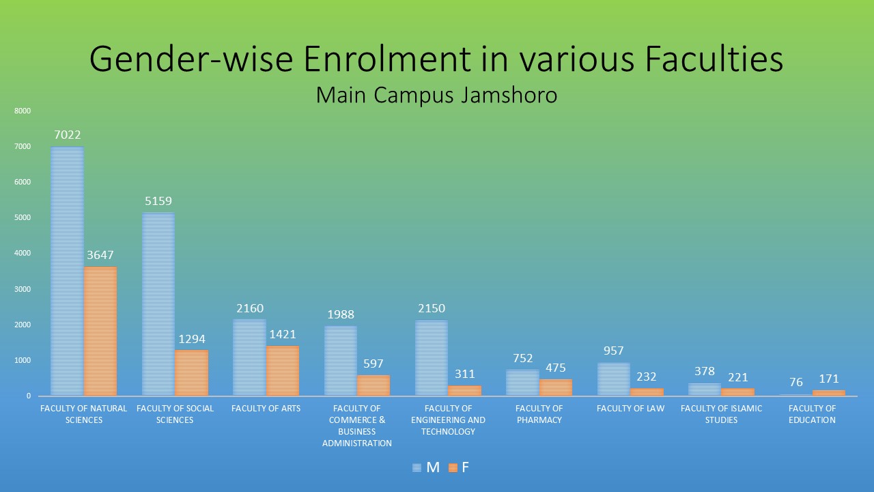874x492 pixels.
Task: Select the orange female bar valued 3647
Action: [100, 331]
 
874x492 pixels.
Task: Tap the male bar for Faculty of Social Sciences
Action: [158, 304]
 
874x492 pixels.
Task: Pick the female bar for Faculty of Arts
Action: [283, 370]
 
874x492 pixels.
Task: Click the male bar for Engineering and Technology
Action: [432, 358]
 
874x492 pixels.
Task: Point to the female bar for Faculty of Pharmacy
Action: [556, 387]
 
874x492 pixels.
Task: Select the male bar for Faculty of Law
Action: [614, 379]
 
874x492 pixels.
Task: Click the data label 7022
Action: [68, 135]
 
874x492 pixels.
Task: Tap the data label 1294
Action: [192, 340]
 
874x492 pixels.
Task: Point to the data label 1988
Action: [341, 315]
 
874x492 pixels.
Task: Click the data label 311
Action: [465, 374]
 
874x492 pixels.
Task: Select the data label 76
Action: [796, 382]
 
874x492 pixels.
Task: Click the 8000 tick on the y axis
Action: [23, 111]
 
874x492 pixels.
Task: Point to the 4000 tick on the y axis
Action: [23, 254]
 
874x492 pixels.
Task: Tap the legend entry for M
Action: [426, 468]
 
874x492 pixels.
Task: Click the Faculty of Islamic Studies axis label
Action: [721, 414]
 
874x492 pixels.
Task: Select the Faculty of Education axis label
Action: [812, 414]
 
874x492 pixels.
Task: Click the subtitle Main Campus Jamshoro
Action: [436, 96]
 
